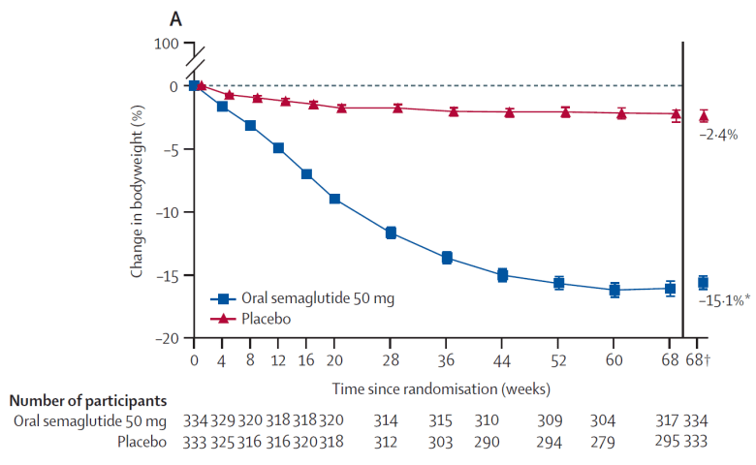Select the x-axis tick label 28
(391, 360)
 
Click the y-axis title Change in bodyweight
(138, 194)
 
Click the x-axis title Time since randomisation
(443, 388)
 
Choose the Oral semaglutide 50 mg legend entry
(301, 297)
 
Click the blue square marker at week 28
(391, 232)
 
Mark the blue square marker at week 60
(614, 290)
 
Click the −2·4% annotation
(718, 135)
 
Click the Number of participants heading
(86, 400)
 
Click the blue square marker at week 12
(278, 148)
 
